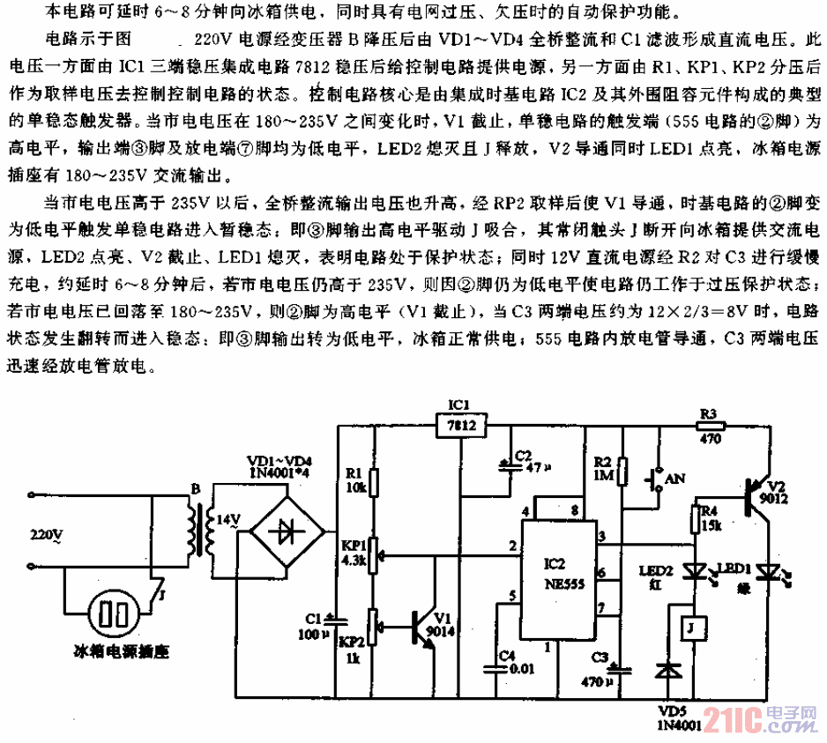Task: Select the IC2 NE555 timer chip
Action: (556, 574)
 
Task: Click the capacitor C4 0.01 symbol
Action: (500, 669)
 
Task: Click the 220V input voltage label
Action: (47, 535)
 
